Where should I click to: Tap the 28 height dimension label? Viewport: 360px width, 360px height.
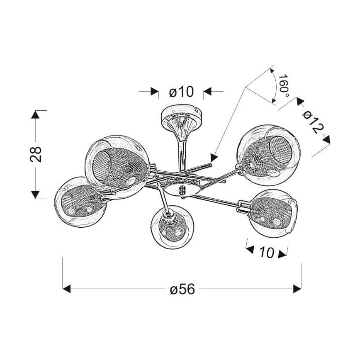coord(36,155)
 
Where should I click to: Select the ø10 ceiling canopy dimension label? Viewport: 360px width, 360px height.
coord(181,91)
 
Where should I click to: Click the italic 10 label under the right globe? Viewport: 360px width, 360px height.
coord(267,252)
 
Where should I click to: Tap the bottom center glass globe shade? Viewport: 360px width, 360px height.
coord(173,227)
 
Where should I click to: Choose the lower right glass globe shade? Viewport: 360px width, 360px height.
coord(273,213)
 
